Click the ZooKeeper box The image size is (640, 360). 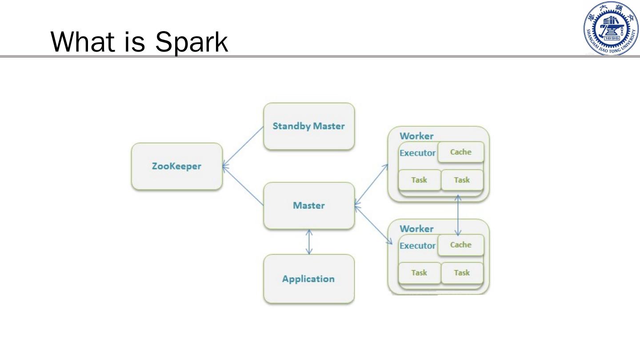pos(176,166)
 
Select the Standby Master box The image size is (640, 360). pos(309,126)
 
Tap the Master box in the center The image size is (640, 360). pos(309,205)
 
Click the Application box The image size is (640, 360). pos(309,279)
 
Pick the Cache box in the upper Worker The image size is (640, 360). pos(461,152)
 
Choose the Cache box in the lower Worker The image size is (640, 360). pos(461,245)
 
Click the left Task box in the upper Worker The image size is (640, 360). pos(419,180)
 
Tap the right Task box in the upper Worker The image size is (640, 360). pos(462,180)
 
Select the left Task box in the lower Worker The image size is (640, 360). pos(419,273)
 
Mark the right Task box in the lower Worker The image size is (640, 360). pos(462,273)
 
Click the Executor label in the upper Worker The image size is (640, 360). pos(417,153)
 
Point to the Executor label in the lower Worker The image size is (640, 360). pos(417,246)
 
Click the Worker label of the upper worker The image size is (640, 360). pos(416,136)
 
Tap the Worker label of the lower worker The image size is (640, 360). pos(416,229)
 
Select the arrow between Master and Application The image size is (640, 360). pos(309,242)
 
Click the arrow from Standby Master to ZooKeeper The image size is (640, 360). pos(243,147)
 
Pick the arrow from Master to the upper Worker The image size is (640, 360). pos(372,184)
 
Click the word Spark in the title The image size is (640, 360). pos(192,42)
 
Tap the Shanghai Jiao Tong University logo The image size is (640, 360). pos(610,28)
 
